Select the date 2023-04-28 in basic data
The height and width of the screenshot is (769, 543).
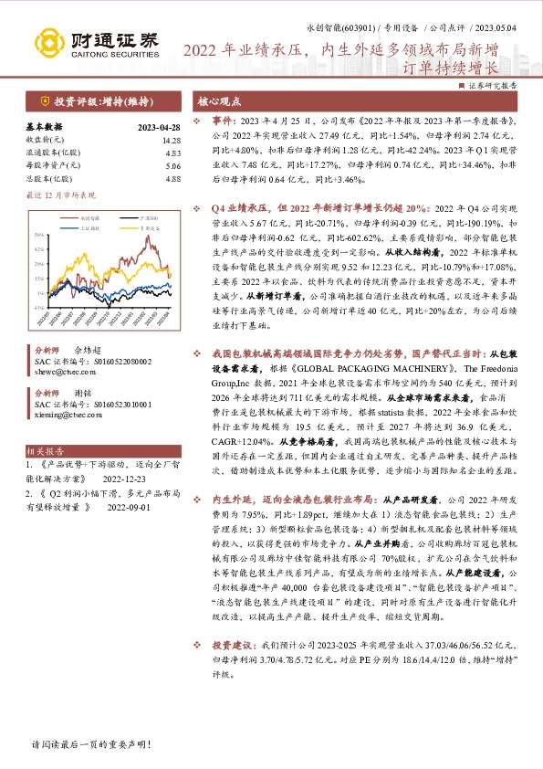coord(158,128)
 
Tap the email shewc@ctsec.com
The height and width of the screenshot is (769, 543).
coord(59,373)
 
